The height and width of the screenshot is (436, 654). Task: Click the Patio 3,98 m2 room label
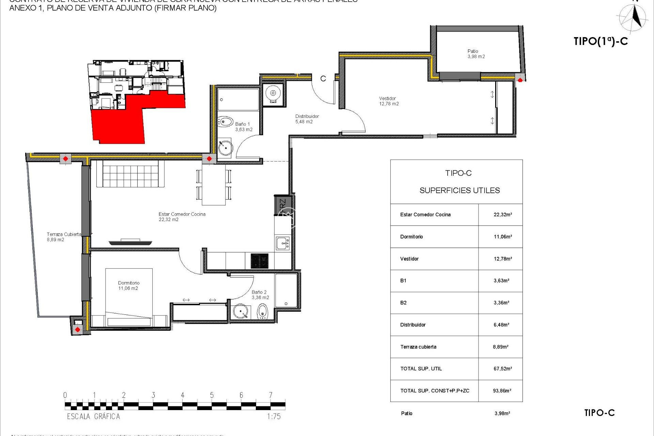(476, 54)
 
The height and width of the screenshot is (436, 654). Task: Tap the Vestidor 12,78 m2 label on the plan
(389, 101)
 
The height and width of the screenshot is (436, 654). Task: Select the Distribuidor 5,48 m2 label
(307, 119)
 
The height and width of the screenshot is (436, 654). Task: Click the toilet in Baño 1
(225, 122)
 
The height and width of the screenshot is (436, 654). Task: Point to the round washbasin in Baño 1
(225, 147)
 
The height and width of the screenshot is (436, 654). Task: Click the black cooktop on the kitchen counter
(260, 261)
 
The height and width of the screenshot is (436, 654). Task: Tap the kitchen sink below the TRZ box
(283, 244)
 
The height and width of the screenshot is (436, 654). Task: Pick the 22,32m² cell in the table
(502, 215)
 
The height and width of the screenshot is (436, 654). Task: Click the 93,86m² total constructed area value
(502, 391)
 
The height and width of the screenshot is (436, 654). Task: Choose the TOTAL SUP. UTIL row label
(421, 369)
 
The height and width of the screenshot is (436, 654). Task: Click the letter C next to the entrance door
(323, 79)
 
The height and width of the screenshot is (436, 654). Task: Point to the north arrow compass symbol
(634, 18)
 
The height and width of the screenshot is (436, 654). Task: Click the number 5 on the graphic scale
(212, 395)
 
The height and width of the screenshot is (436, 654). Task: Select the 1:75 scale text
(274, 416)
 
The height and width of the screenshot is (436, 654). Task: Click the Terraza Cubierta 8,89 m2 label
(64, 237)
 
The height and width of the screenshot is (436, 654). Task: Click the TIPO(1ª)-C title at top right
(601, 41)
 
